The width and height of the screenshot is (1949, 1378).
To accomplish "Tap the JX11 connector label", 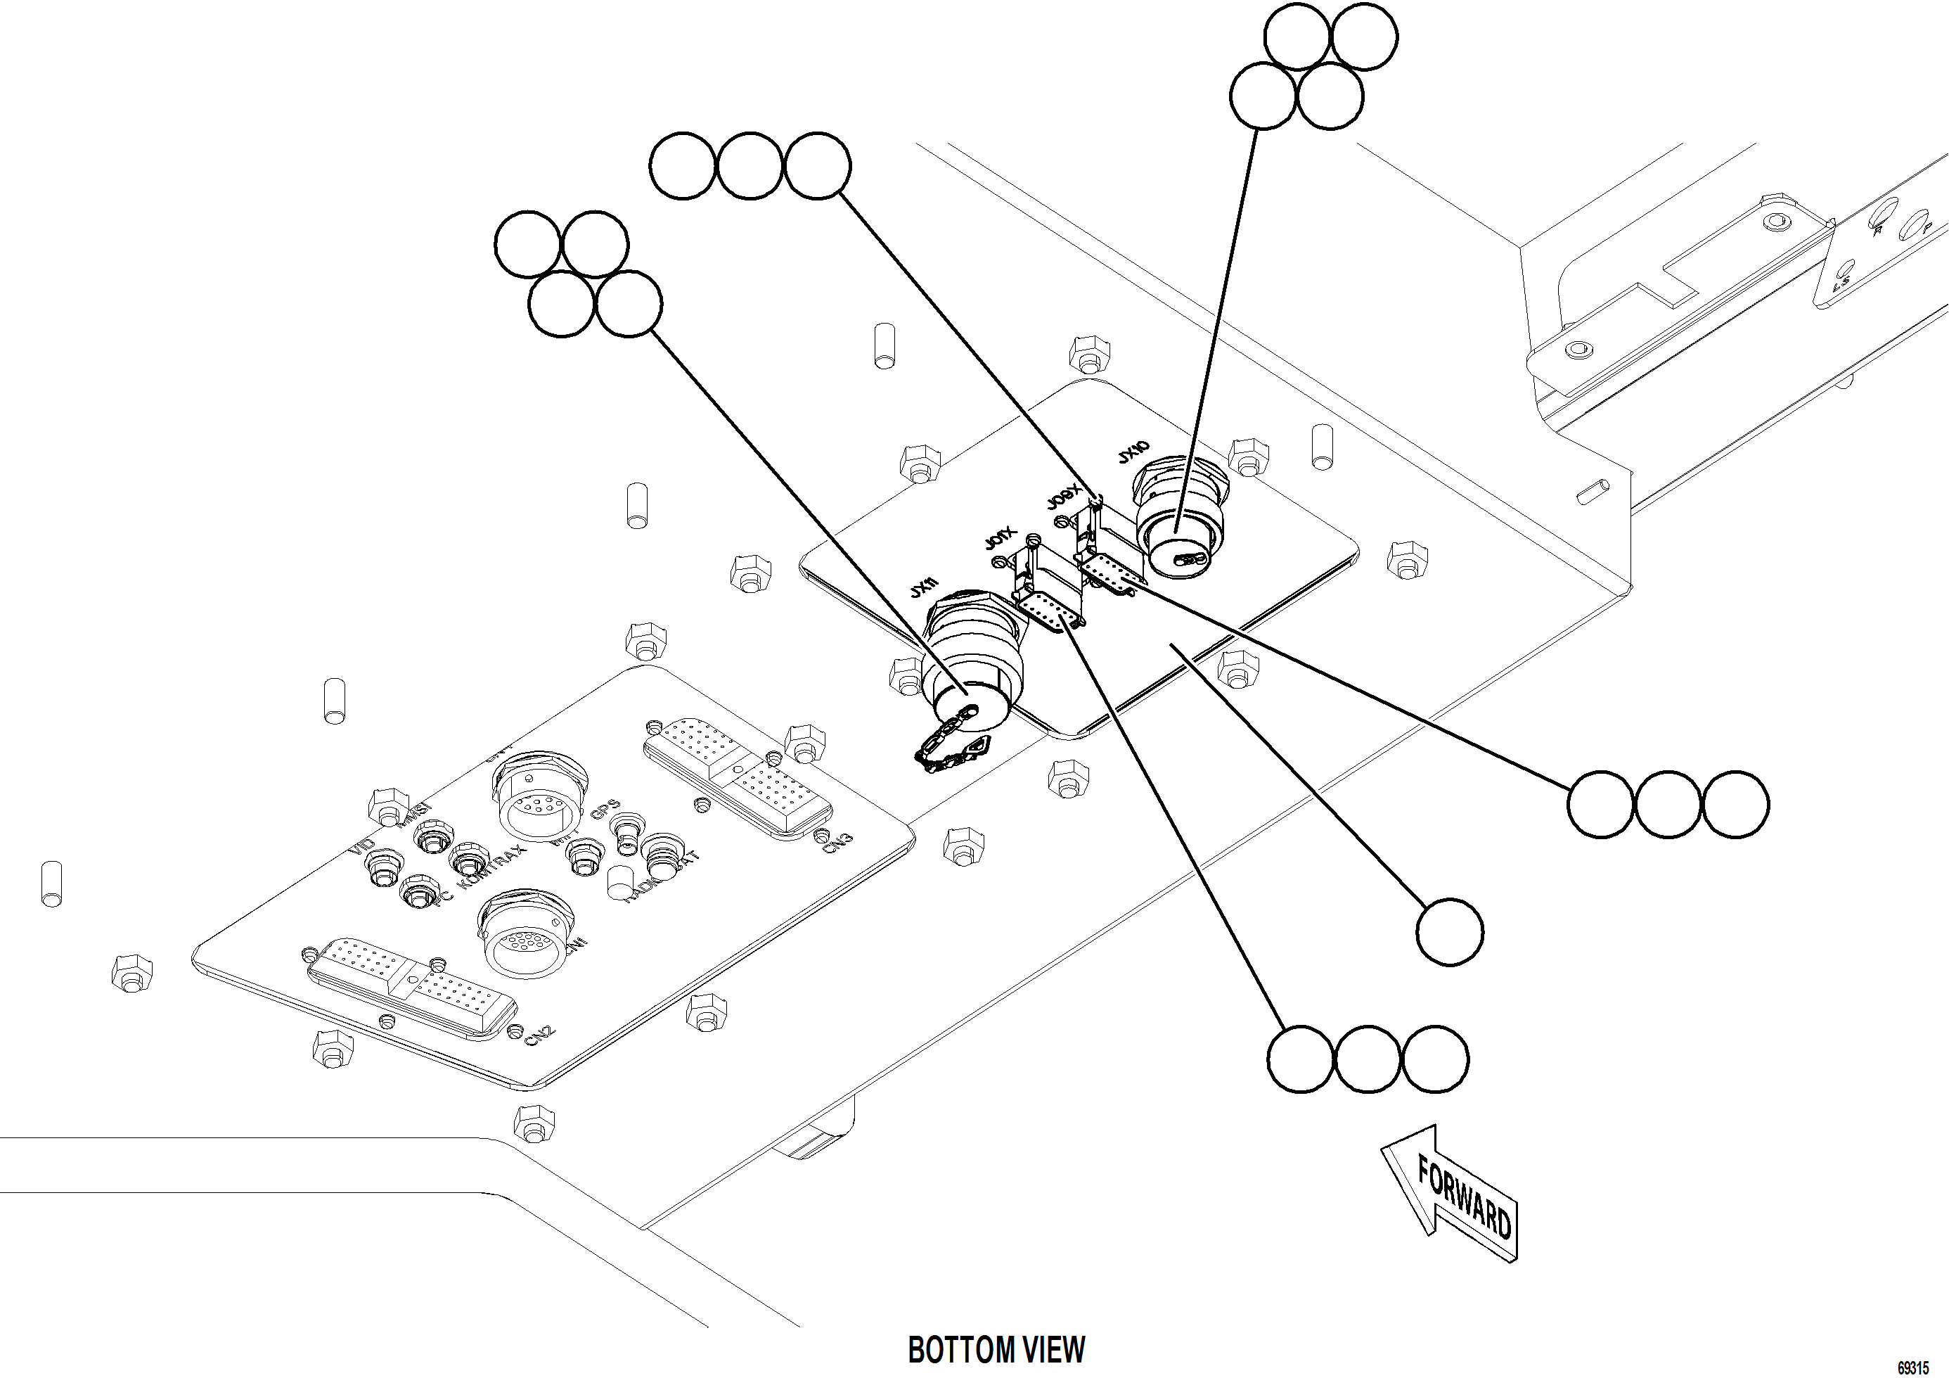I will click(925, 587).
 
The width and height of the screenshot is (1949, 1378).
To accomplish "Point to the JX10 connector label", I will click(1133, 452).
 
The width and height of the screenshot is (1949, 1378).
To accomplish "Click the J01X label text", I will click(1000, 538).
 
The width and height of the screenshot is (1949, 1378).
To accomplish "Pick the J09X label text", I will click(1063, 497).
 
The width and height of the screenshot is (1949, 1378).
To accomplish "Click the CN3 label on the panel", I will click(837, 842).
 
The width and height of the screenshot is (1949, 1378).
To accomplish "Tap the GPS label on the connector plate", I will click(605, 808).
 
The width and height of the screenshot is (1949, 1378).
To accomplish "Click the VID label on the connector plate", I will click(361, 846).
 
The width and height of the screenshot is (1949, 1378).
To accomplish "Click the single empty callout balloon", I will click(1450, 932).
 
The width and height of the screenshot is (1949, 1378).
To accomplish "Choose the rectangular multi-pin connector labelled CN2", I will click(411, 989).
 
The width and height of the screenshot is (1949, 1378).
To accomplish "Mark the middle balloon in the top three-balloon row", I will click(750, 165).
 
